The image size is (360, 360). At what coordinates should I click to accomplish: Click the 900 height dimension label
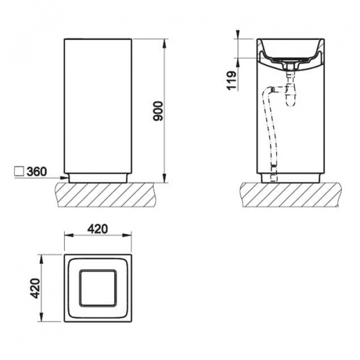coord(158,111)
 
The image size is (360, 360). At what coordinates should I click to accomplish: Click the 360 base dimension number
coord(37,172)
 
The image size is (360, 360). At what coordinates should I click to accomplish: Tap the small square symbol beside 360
coord(19,172)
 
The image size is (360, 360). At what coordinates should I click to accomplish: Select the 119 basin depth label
coord(231,80)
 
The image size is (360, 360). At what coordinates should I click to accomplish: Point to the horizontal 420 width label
coord(98,229)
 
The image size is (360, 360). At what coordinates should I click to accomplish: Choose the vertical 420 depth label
coord(35,289)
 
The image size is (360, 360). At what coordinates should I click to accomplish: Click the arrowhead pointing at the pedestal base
coord(64,178)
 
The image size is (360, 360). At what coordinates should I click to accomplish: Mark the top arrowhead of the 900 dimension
coord(164,44)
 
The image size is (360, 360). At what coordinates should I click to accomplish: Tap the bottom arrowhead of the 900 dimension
coord(164,178)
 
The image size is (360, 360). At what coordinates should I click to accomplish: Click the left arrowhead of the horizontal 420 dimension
coord(68,235)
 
